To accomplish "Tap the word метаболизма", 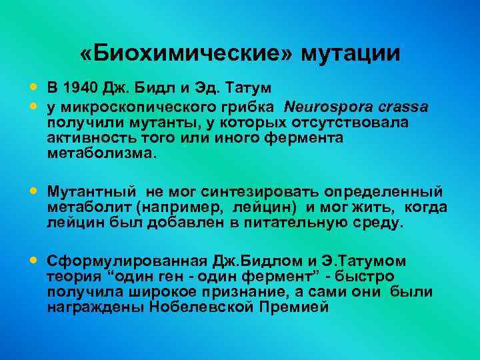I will (101, 153).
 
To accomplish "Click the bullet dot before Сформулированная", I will (34, 260).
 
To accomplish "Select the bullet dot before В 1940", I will (34, 87).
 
